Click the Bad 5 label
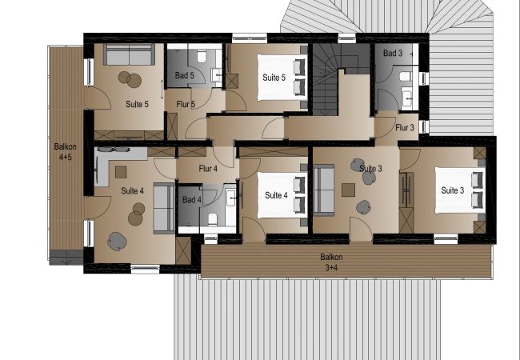(x=184, y=75)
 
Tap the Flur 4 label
(x=208, y=169)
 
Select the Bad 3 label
(x=393, y=53)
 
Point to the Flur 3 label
(x=405, y=127)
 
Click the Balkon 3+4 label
(x=331, y=262)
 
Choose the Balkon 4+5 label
(x=66, y=152)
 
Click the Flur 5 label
(x=186, y=105)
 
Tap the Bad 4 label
(x=192, y=200)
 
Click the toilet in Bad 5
(x=202, y=56)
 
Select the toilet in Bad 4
(x=213, y=219)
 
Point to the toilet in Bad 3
(x=406, y=77)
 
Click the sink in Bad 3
(x=407, y=98)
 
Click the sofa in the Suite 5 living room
(x=129, y=54)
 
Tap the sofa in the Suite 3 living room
(x=324, y=190)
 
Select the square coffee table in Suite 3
(x=348, y=190)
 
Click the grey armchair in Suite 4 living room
(x=117, y=242)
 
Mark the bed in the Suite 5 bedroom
(x=282, y=78)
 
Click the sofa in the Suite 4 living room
(x=164, y=208)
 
